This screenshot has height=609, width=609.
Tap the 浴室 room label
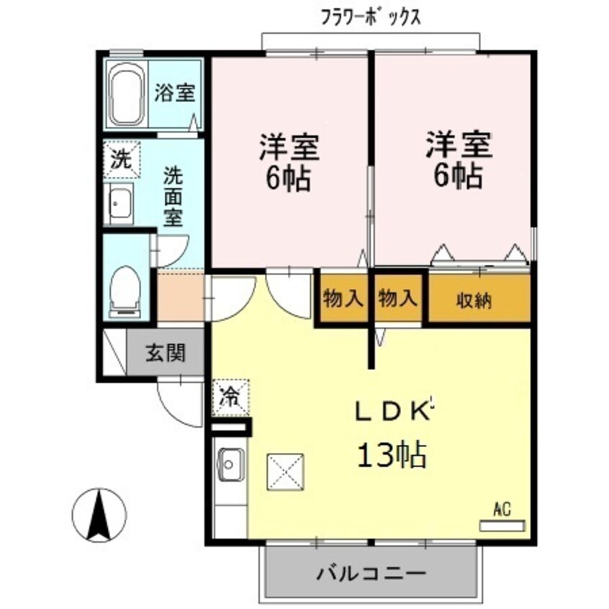tap(175, 93)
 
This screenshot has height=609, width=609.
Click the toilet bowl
tap(126, 288)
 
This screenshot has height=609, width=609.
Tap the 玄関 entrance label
tap(166, 353)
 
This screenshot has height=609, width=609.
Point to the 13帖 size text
tap(392, 455)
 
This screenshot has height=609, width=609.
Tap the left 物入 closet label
tap(343, 298)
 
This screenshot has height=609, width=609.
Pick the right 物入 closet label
tap(397, 298)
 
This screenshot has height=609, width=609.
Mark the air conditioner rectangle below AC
tap(502, 526)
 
